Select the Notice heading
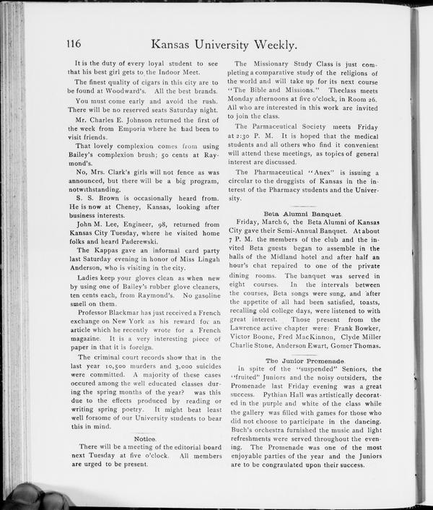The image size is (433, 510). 146,438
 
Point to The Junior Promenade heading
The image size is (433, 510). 299,360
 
